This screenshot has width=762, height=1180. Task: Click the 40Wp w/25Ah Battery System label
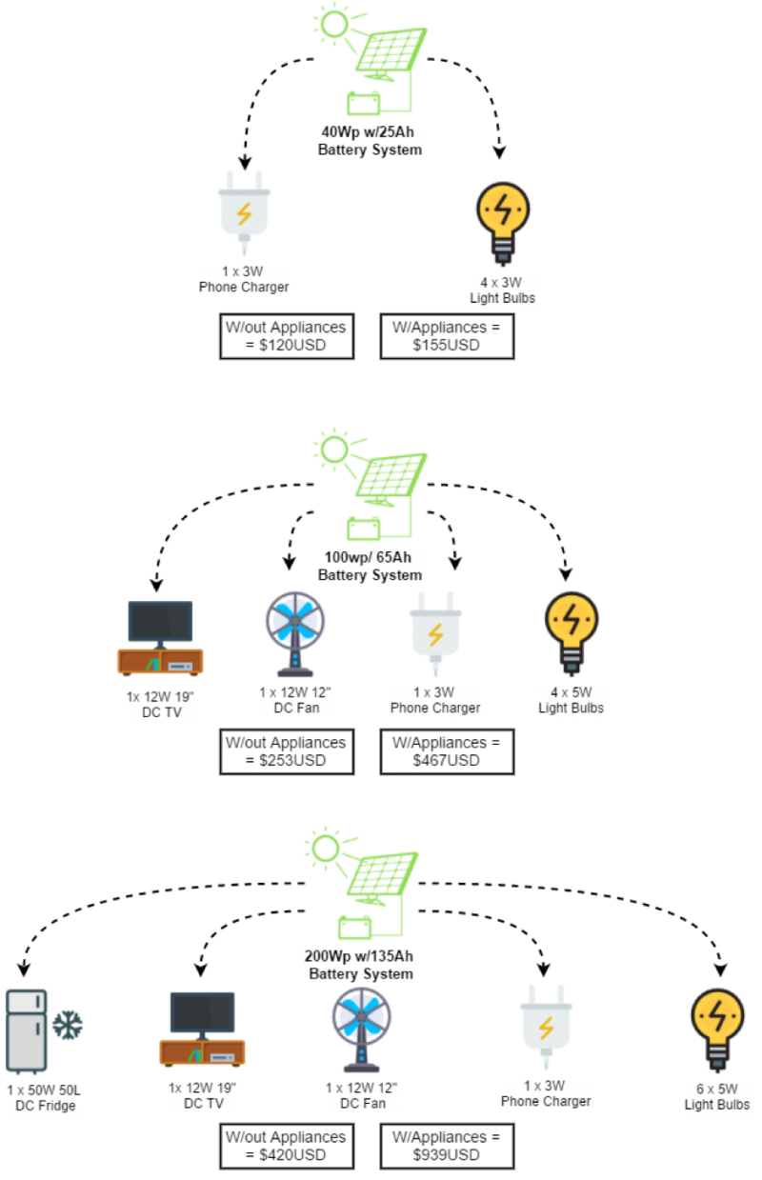coord(370,141)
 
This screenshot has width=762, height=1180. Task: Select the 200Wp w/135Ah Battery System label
coord(361,965)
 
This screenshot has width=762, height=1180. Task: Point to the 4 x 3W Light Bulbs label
coord(503,290)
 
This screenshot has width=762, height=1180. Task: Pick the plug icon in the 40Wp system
coord(244,211)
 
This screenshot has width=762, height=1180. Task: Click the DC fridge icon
coord(29,1030)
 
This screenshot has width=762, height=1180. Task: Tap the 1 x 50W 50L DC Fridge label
coord(45,1098)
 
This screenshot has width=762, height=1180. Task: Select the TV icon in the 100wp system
coord(160,637)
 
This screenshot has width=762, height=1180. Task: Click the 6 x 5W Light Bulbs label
coord(717,1097)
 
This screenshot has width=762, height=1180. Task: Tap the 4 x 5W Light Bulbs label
coord(571,700)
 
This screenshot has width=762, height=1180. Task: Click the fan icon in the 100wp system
coord(295,631)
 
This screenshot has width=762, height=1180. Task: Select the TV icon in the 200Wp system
coord(202,1028)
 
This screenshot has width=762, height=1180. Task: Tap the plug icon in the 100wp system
coord(435,631)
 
